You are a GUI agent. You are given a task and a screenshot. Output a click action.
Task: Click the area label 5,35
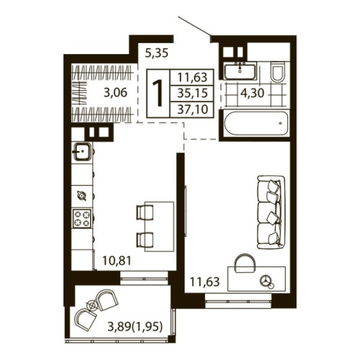coord(157,53)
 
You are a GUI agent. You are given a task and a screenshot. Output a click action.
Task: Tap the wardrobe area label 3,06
coord(116,91)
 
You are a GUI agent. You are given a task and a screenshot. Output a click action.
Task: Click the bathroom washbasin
coord(238,70)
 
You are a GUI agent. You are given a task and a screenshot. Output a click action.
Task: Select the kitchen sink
coord(81,152)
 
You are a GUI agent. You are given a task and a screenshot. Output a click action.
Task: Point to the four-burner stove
coord(81,217)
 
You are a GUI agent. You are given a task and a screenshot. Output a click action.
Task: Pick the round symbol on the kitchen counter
coord(81,194)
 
